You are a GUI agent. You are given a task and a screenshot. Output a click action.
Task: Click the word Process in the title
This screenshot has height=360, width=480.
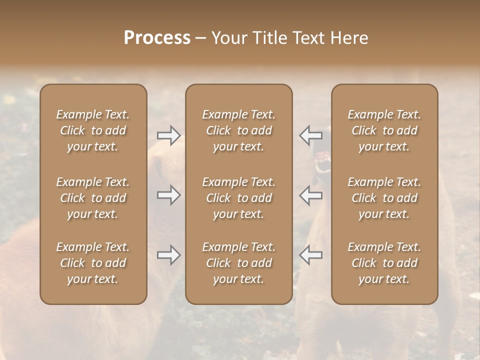click(x=157, y=38)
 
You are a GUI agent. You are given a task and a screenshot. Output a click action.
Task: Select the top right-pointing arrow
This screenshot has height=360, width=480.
click(x=169, y=135)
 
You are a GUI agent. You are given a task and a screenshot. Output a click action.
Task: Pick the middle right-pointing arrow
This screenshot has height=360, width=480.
click(x=169, y=194)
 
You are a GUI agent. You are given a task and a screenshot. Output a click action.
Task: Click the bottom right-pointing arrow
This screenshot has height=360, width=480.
click(x=169, y=255)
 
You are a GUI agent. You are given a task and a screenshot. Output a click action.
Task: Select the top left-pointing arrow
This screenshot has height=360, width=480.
click(x=310, y=135)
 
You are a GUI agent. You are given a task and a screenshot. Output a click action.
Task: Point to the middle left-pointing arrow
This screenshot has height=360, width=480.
click(x=310, y=195)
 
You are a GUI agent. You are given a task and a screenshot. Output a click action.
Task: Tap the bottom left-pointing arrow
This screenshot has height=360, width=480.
click(x=310, y=255)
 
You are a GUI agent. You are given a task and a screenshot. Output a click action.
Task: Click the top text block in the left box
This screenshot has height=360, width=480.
click(x=93, y=130)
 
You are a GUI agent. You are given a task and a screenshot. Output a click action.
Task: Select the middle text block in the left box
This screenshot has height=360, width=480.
click(x=93, y=198)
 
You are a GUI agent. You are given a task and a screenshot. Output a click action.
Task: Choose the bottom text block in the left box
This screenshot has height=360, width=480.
click(x=93, y=263)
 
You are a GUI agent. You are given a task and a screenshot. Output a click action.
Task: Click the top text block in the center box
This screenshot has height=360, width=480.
click(x=238, y=130)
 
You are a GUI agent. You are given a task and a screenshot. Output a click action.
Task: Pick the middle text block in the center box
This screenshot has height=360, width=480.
click(x=238, y=198)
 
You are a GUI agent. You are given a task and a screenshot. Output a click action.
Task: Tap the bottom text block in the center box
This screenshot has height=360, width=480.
click(x=238, y=263)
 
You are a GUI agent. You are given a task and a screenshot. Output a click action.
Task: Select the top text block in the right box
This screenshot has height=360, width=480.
click(x=384, y=130)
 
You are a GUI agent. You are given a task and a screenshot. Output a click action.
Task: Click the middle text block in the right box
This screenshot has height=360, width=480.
click(x=384, y=198)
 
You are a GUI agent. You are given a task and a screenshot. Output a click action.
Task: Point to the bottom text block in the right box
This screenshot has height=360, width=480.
click(x=384, y=263)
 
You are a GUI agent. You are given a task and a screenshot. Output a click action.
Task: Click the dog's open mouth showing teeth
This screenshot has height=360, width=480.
click(x=323, y=162)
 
